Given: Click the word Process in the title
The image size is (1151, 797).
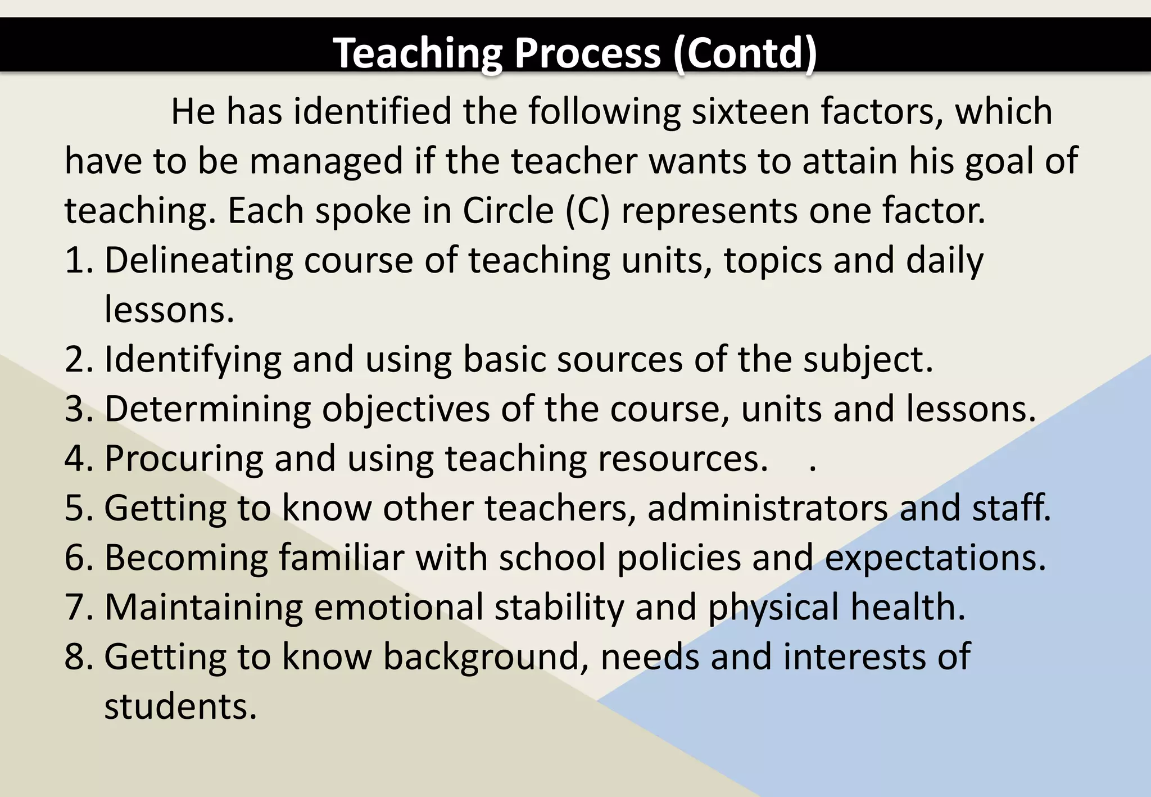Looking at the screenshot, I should [x=587, y=53].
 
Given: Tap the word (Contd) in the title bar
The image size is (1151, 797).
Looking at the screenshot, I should [x=745, y=53].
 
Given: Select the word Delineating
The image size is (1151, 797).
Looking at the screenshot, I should [x=198, y=261].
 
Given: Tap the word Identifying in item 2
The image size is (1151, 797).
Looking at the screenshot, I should [x=193, y=360].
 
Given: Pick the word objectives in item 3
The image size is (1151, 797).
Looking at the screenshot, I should [x=406, y=409].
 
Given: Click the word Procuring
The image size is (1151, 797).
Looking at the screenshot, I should [x=184, y=459].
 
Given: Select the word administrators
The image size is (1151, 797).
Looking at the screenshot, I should [x=768, y=508].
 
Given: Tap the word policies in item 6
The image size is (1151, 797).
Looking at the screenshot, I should [x=679, y=558].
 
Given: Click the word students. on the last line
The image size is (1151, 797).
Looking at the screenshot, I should [x=180, y=706].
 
